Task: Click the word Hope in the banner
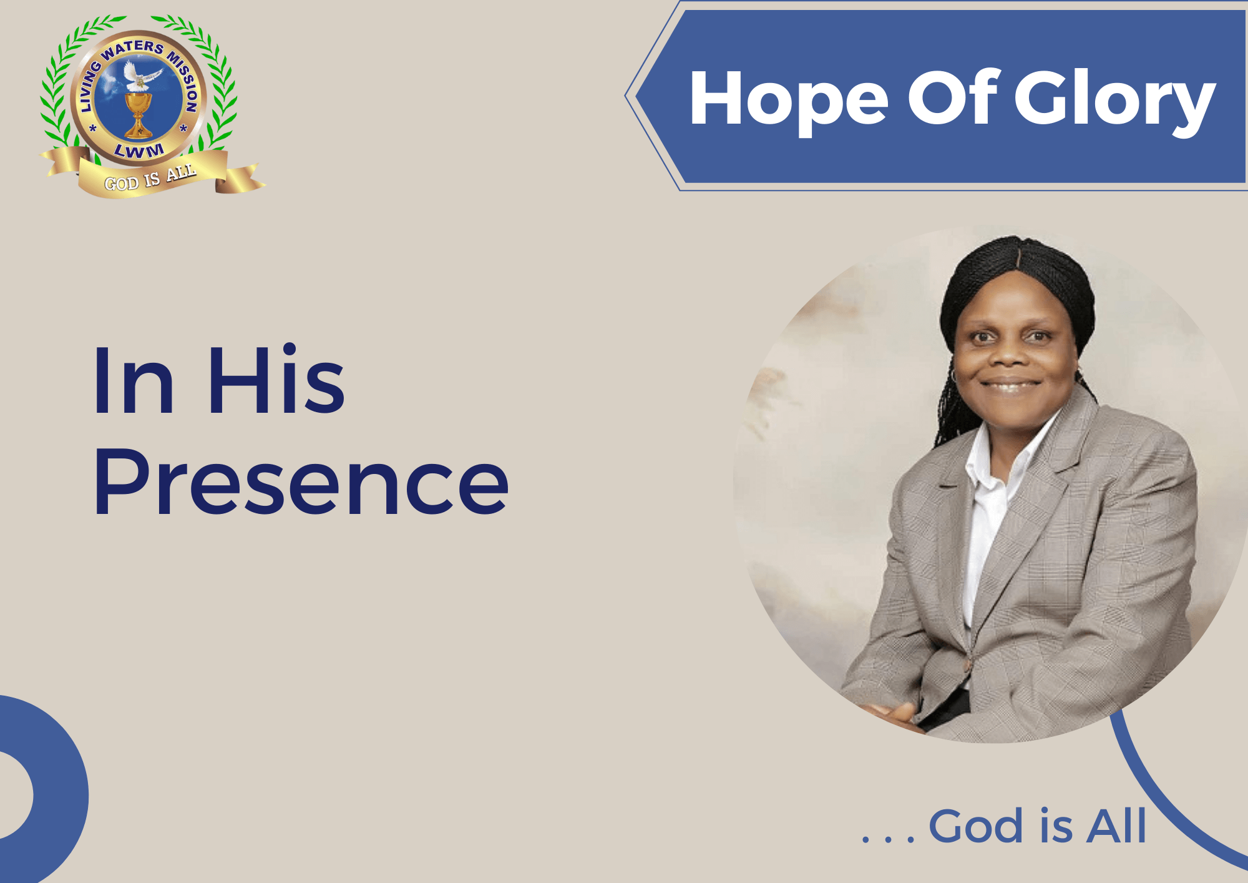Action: click(x=789, y=100)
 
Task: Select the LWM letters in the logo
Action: click(x=139, y=150)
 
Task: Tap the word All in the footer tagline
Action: click(x=1116, y=825)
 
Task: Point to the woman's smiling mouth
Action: click(x=1010, y=385)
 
